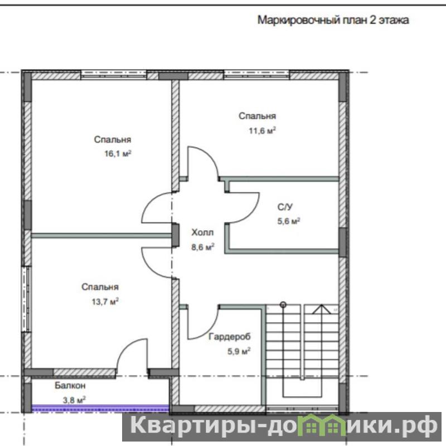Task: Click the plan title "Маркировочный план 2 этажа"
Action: pyautogui.click(x=333, y=20)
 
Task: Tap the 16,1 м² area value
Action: pyautogui.click(x=118, y=154)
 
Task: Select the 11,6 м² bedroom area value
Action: pyautogui.click(x=262, y=130)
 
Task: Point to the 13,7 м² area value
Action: pyautogui.click(x=105, y=302)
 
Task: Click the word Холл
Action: pyautogui.click(x=202, y=232)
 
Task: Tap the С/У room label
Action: pyautogui.click(x=285, y=207)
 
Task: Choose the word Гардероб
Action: pyautogui.click(x=230, y=337)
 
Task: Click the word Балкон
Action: pyautogui.click(x=70, y=385)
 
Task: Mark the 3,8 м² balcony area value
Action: pyautogui.click(x=74, y=400)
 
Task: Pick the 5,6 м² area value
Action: pyautogui.click(x=289, y=221)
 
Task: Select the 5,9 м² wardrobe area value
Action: pyautogui.click(x=239, y=351)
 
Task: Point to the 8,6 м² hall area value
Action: pyautogui.click(x=202, y=247)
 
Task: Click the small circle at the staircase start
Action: pyautogui.click(x=283, y=305)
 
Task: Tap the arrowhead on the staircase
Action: pyautogui.click(x=322, y=309)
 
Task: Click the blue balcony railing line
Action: pyautogui.click(x=100, y=408)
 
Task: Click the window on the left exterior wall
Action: pyautogui.click(x=26, y=299)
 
